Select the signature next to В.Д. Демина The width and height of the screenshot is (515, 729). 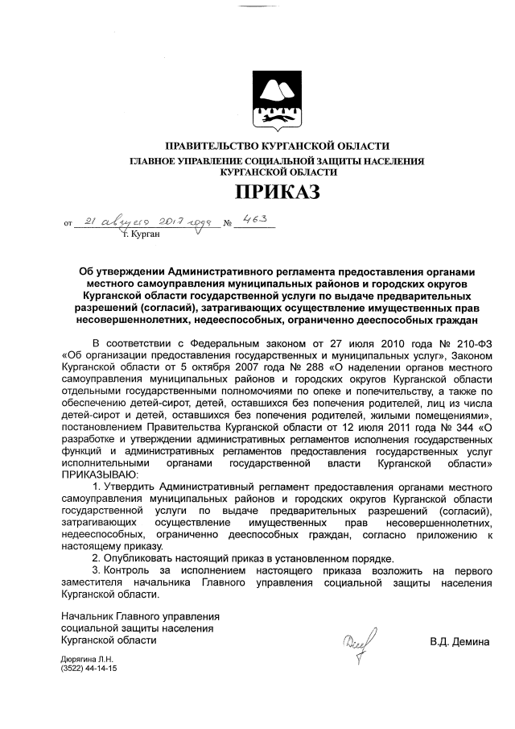[355, 642]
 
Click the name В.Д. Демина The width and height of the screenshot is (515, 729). [459, 642]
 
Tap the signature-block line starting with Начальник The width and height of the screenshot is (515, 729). [140, 616]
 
